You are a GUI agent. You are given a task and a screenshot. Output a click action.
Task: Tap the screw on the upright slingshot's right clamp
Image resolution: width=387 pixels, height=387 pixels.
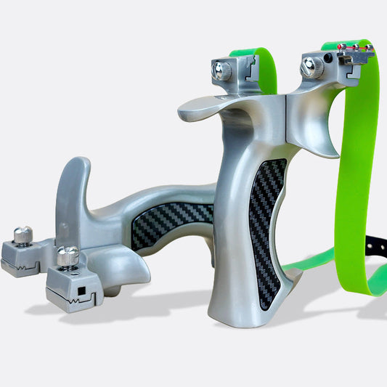pyautogui.click(x=313, y=68)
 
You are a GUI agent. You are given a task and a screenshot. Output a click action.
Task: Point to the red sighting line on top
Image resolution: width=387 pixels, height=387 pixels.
pyautogui.click(x=354, y=47)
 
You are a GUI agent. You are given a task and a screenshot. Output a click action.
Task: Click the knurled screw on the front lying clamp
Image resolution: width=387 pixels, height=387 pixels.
pyautogui.click(x=68, y=256)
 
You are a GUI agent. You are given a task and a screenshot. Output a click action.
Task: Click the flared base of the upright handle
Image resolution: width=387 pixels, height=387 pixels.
pyautogui.click(x=247, y=309)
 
